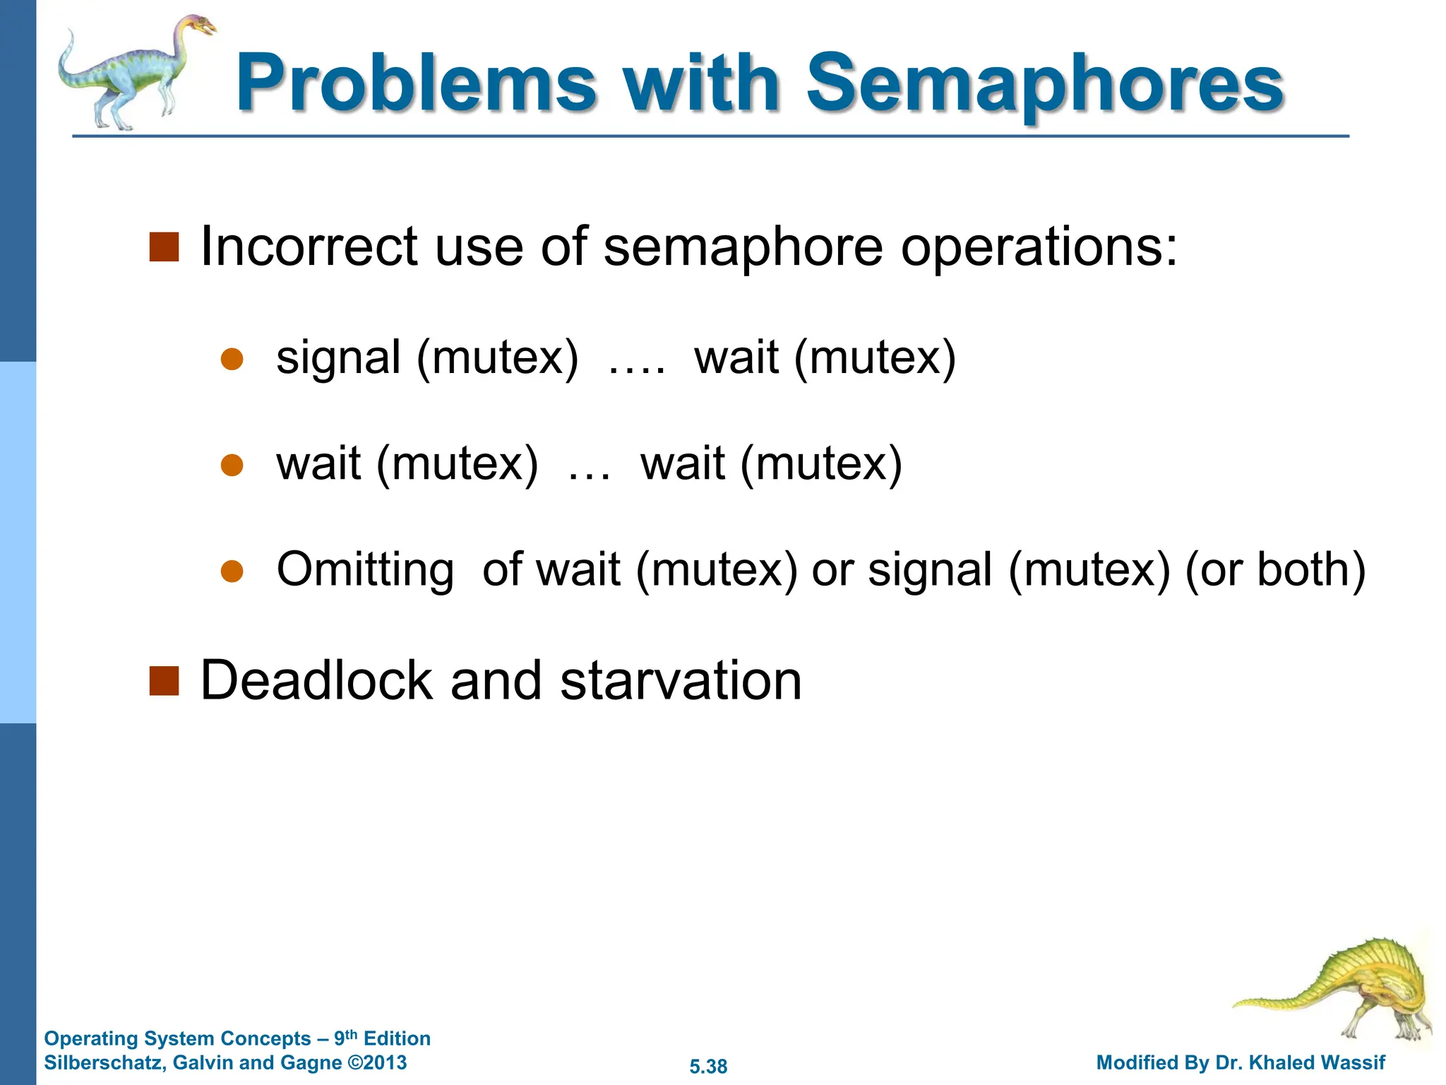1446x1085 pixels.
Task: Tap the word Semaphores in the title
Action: tap(1045, 85)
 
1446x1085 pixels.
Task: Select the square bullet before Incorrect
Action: tap(164, 247)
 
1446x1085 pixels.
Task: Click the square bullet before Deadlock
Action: tap(164, 681)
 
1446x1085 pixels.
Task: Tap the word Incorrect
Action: tap(309, 247)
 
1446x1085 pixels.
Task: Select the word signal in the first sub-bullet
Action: tap(339, 359)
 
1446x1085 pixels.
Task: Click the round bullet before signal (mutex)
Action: tap(232, 360)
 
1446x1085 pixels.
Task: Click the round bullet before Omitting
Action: tap(232, 571)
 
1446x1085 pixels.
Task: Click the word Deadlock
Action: tap(316, 681)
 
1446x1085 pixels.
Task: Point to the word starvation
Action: tap(681, 681)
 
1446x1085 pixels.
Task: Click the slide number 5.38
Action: tap(708, 1067)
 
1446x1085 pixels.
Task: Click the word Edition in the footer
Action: tap(397, 1038)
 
